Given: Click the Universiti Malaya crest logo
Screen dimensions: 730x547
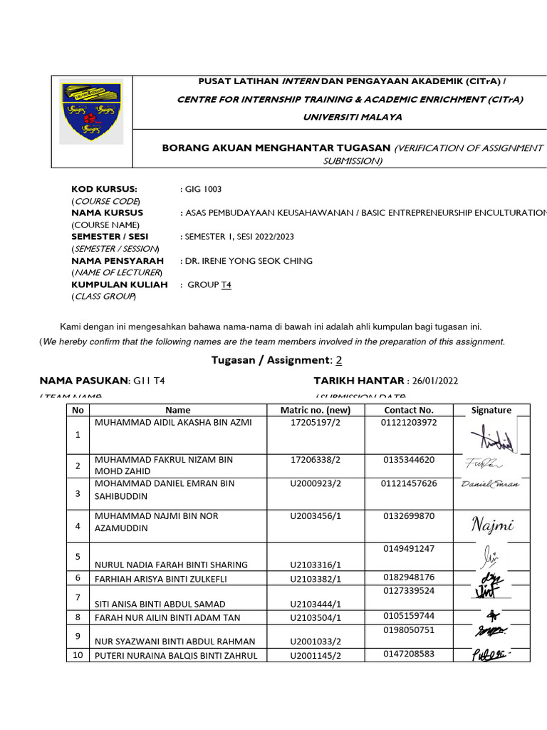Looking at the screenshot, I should coord(91,110).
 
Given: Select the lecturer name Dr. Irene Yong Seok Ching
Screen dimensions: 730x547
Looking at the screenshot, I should coord(249,261).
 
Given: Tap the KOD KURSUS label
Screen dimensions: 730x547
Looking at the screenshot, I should coord(103,189).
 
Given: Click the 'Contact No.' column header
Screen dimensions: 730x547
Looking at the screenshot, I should coord(408,410).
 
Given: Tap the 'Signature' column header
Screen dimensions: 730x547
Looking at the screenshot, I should coord(491,410).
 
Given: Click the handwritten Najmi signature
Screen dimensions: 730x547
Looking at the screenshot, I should coord(491,526).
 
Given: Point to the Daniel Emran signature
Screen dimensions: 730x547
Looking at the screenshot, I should coord(491,483).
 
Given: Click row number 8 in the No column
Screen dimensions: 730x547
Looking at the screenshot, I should coord(78,617).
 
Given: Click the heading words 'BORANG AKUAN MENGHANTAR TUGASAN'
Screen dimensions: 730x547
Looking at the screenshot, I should coord(276,148).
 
